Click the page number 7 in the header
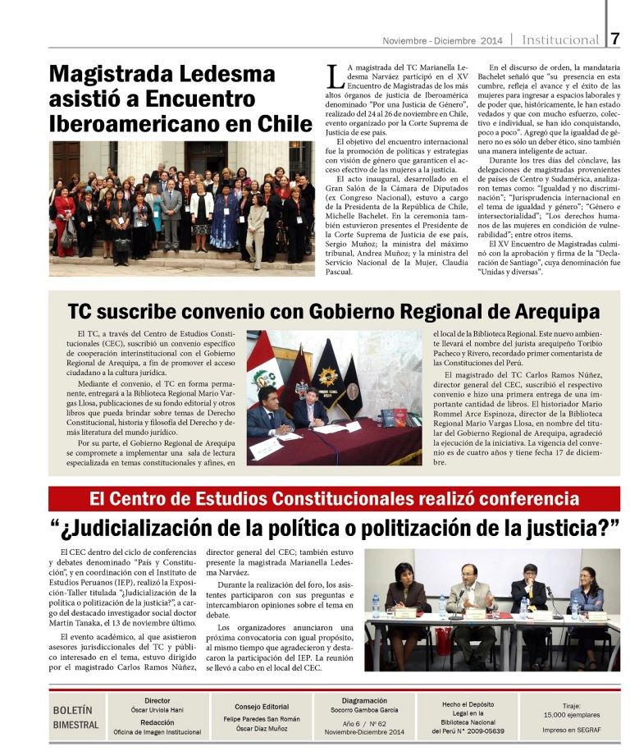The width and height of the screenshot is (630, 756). point(615,39)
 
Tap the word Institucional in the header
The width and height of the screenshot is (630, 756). point(561,39)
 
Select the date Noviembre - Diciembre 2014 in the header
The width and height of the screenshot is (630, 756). point(443,40)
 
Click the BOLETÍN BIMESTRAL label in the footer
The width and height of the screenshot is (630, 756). point(75,717)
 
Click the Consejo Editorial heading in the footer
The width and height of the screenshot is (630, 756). point(262,706)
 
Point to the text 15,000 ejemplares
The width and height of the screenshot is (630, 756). point(571,715)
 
